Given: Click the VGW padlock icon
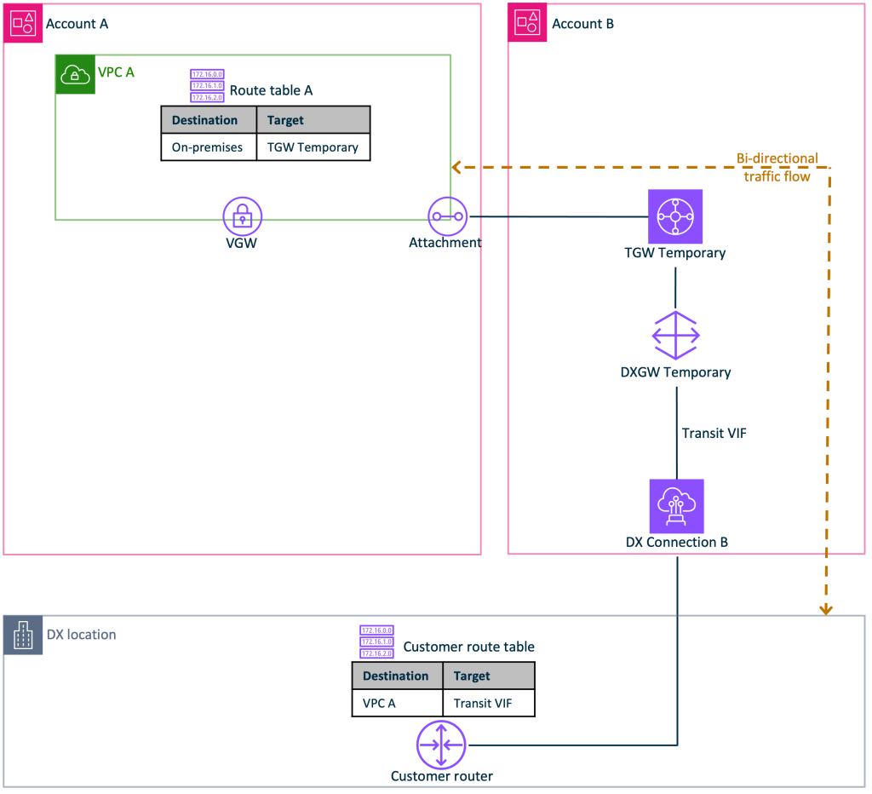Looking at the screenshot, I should pyautogui.click(x=243, y=216).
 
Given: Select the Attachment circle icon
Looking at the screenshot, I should pyautogui.click(x=447, y=216).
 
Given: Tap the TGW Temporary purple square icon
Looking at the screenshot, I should pyautogui.click(x=675, y=216).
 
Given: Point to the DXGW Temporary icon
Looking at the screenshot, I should pyautogui.click(x=675, y=336).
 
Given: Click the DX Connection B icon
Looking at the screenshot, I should pyautogui.click(x=676, y=505).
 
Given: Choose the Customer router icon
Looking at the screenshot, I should pyautogui.click(x=440, y=744).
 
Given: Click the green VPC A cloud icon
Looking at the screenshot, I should pyautogui.click(x=75, y=75).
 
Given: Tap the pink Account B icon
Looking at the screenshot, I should pyautogui.click(x=528, y=23).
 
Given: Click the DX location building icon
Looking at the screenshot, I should pyautogui.click(x=23, y=636).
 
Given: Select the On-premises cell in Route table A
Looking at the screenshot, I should pyautogui.click(x=208, y=147).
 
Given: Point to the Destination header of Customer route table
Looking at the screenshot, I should pyautogui.click(x=397, y=676).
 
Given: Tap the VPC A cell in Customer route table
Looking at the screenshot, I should pyautogui.click(x=379, y=703).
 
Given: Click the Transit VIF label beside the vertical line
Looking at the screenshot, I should pyautogui.click(x=714, y=434).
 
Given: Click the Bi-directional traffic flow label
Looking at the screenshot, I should pyautogui.click(x=777, y=167).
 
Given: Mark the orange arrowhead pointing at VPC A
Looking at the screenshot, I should pyautogui.click(x=456, y=167).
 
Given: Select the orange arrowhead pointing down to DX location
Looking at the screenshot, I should pyautogui.click(x=825, y=609).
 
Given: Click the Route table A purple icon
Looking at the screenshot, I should pyautogui.click(x=207, y=86).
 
